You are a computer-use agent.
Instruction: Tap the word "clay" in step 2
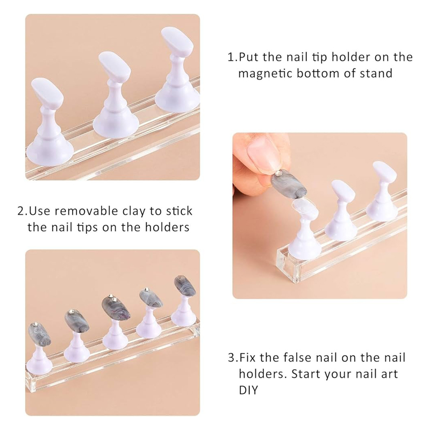pos(134,211)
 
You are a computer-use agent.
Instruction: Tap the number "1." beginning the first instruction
pos(233,57)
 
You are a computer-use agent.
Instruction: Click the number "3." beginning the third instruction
pos(233,357)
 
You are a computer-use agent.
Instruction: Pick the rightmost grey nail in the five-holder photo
pos(184,286)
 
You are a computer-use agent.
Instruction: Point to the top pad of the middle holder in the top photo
pos(114,67)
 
